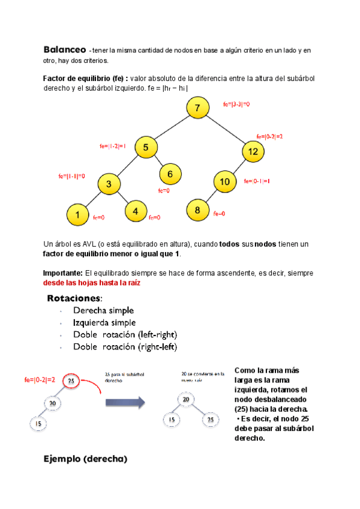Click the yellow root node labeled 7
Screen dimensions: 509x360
(x=197, y=109)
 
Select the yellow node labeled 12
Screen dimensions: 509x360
(x=253, y=152)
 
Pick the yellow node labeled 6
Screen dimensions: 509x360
(x=170, y=175)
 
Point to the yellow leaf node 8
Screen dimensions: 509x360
(x=197, y=210)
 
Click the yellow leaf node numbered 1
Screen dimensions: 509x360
(x=78, y=214)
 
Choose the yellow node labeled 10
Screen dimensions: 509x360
(x=225, y=182)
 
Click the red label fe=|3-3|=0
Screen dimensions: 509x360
(x=236, y=104)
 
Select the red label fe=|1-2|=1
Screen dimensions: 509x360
(x=112, y=146)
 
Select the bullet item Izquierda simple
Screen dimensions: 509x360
(x=104, y=322)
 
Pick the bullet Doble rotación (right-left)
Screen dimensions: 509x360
(x=125, y=347)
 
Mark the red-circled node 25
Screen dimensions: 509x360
(x=71, y=381)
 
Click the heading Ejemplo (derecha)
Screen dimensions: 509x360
(x=85, y=460)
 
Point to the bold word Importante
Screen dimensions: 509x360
(x=63, y=273)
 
